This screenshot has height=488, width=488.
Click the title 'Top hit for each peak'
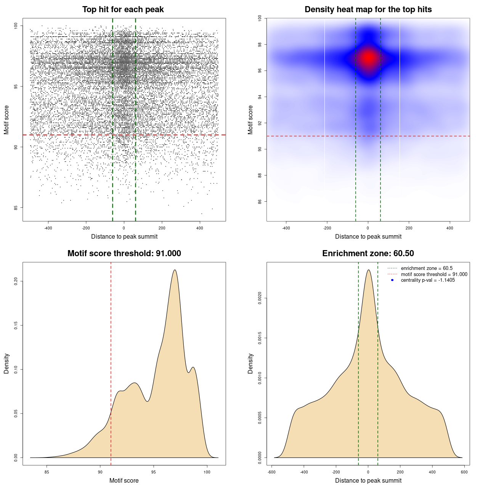coord(123,10)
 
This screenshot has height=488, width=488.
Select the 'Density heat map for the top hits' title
coord(368,10)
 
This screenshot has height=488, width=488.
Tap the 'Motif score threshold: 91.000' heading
coord(124,254)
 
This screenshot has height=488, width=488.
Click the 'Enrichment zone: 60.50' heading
coord(368,254)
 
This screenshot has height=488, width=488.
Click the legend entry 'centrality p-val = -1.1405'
coord(428,280)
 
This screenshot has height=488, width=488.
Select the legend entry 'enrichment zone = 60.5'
coord(427,268)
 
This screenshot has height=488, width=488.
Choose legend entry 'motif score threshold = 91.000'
coord(434,274)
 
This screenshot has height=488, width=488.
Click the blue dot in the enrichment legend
coord(392,280)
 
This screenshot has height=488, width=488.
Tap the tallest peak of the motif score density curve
coord(175,270)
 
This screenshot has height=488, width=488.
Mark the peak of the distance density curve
coord(368,270)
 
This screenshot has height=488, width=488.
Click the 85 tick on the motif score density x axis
coord(47,472)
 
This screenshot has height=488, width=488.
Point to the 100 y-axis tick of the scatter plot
coord(16,26)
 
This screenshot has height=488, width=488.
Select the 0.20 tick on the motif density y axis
coord(16,281)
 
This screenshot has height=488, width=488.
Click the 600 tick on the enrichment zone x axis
coord(464,472)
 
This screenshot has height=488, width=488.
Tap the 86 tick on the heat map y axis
coord(260,201)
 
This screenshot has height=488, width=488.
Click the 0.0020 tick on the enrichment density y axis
coord(260,298)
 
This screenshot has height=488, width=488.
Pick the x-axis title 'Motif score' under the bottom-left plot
coord(124,480)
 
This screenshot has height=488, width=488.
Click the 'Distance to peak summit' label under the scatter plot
coord(124,236)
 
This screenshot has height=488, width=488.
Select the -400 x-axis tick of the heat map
coord(286,228)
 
